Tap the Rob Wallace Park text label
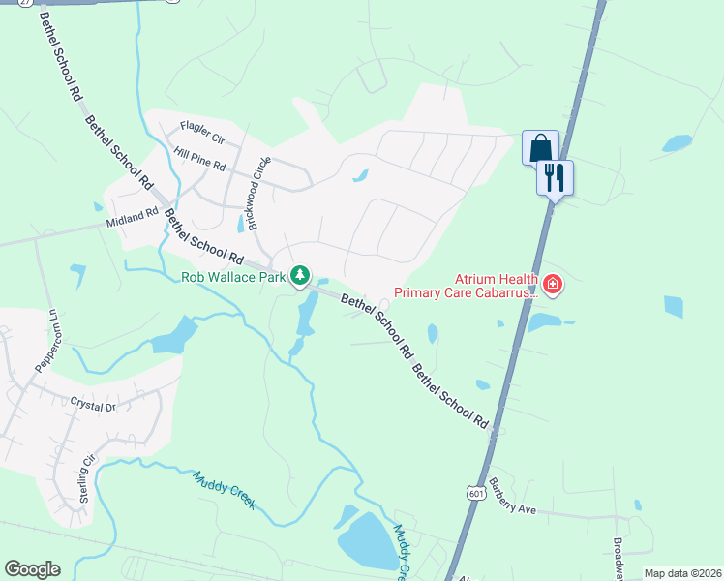point(235,278)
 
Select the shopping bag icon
point(540,148)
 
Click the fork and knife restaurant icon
point(555,177)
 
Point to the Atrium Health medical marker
point(553,284)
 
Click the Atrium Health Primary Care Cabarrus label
point(464,285)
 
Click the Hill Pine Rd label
point(199,153)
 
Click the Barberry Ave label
point(512,495)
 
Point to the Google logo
point(32,569)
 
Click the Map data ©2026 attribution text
point(681,573)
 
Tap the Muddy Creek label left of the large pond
point(224,490)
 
